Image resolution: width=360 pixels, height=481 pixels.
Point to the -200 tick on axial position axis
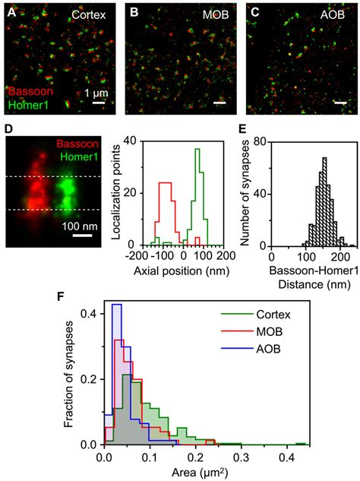[x=128, y=257]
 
